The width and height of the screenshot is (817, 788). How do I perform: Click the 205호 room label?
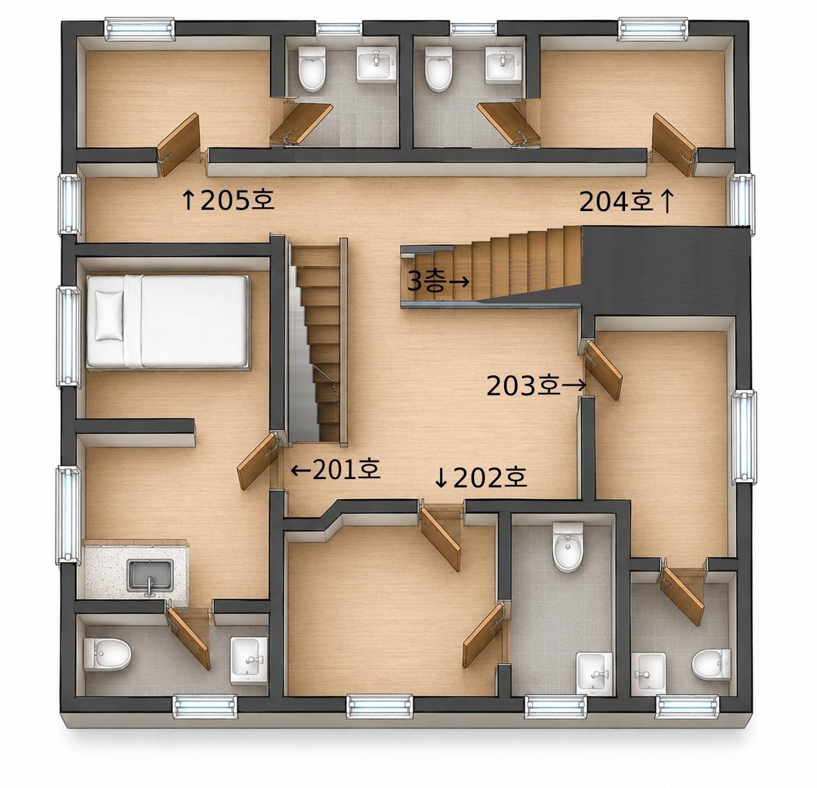237,200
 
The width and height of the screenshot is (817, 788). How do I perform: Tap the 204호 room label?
616,201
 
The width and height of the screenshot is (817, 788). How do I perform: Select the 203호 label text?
523,386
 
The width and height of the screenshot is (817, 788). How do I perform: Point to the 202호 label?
490,477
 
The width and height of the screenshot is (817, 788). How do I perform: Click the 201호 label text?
346,469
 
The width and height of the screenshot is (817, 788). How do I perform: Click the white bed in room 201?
168,322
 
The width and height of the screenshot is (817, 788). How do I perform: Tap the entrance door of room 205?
178,145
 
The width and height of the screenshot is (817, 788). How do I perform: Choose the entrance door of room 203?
603,370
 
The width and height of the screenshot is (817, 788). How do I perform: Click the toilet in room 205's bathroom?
312,69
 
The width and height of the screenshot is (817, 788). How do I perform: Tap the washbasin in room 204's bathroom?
504,64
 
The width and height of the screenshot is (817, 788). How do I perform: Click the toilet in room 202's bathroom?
567,547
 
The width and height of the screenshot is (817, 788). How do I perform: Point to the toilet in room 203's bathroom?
711,664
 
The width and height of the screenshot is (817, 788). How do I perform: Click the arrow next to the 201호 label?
301,470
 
